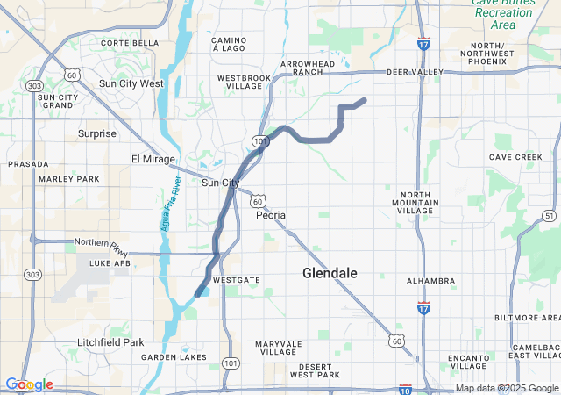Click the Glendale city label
(330, 273)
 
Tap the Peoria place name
(271, 214)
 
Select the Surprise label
(97, 133)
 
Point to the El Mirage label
(148, 159)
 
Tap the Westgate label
(237, 279)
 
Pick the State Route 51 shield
(549, 215)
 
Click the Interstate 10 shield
(406, 387)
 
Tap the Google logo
(29, 384)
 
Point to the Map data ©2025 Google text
(507, 388)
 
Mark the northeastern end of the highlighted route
(363, 100)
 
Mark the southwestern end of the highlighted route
(197, 294)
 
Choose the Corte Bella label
(130, 42)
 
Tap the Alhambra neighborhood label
(430, 281)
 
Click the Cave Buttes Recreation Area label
(503, 13)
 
